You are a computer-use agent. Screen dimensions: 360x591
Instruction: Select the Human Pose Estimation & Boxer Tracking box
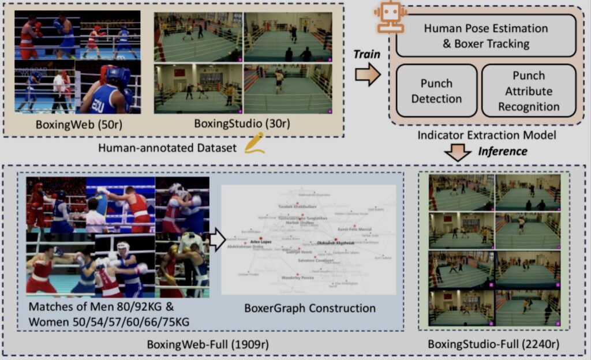click(x=485, y=35)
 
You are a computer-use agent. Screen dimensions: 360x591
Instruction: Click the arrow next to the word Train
click(x=367, y=75)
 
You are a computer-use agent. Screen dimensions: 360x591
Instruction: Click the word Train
click(x=367, y=54)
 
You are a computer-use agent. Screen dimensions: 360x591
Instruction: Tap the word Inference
click(x=502, y=151)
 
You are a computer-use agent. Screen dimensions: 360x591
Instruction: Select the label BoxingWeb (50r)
click(x=77, y=123)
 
